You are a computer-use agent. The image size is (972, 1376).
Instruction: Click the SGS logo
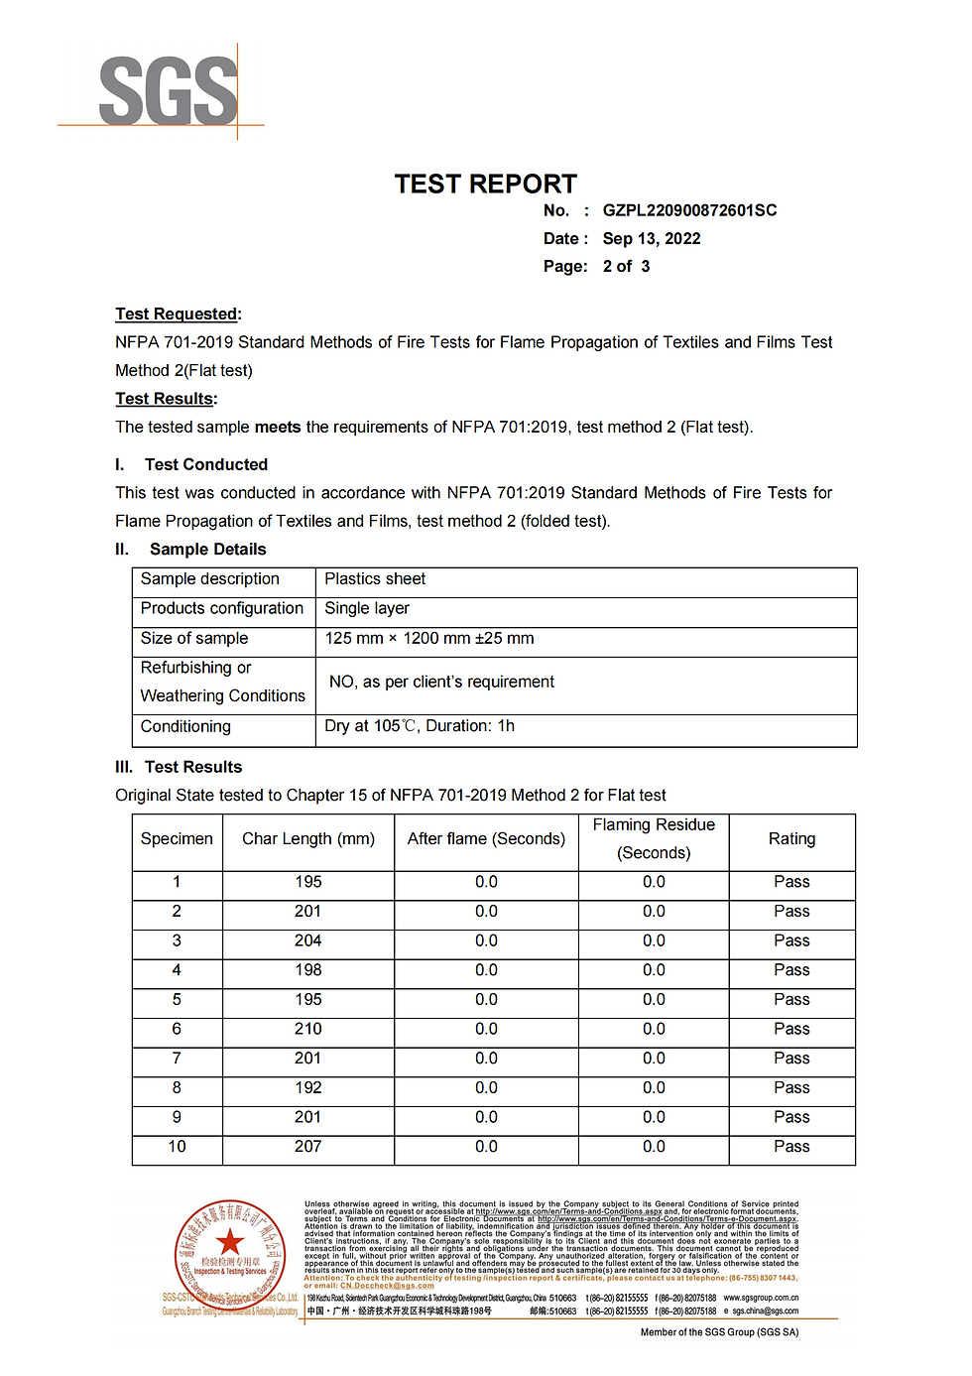pos(169,91)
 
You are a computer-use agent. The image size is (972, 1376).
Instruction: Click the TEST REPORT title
pos(485,185)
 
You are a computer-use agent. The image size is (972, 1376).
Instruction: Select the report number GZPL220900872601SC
pos(689,210)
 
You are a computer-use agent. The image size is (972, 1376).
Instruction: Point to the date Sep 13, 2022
pos(651,238)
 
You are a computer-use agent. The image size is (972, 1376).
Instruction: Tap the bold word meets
pos(278,428)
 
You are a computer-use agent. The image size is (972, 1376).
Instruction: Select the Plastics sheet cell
pos(375,579)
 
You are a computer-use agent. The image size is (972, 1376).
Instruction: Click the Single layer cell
pos(367,609)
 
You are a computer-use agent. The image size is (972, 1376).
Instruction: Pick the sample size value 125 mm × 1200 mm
pos(428,639)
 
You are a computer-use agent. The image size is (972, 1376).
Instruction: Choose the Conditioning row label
pos(185,727)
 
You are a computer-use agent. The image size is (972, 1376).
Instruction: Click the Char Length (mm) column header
pos(308,839)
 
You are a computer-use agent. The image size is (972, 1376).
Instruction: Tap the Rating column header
pos(791,839)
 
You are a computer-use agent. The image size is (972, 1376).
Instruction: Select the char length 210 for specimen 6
pos(307,1030)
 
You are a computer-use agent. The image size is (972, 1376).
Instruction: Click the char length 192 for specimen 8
pos(307,1088)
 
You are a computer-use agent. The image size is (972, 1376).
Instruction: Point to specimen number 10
pos(177,1147)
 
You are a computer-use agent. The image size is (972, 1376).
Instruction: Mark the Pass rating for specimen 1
pos(791,882)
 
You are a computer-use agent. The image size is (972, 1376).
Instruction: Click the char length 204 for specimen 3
pos(307,941)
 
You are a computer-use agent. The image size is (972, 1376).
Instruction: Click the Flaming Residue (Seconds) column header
pos(654,839)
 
